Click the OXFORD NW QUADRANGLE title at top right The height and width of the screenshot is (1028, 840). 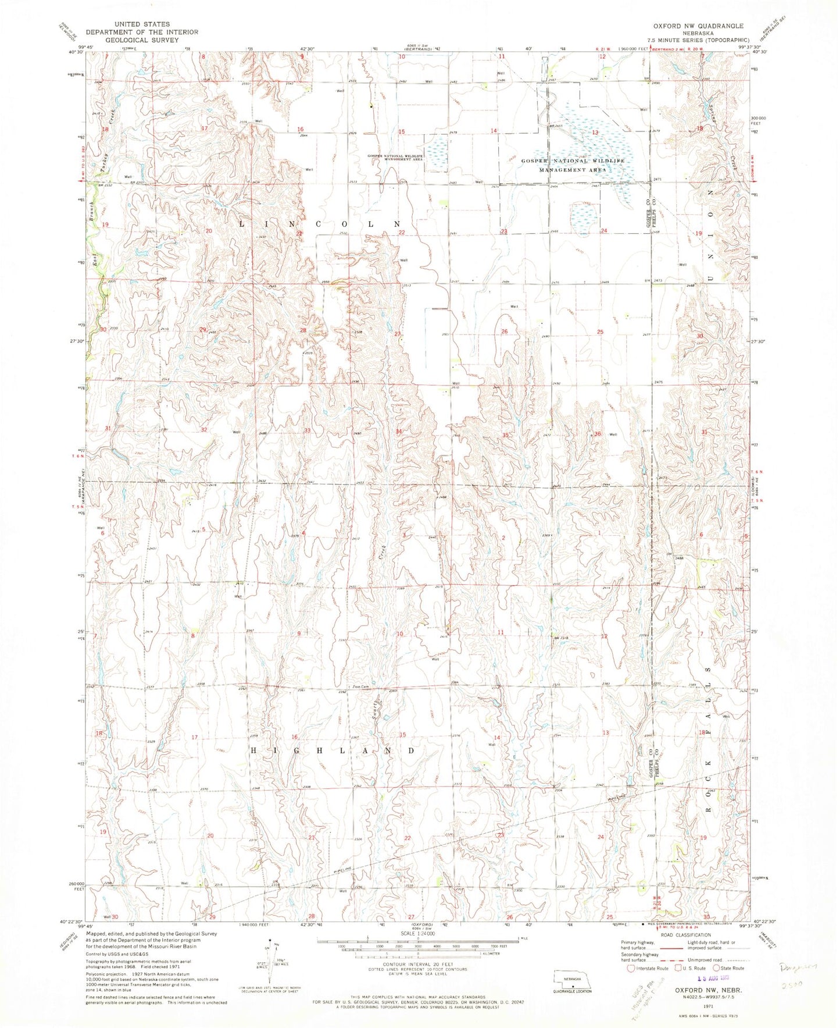[x=690, y=26]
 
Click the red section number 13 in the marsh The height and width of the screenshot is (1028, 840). [x=595, y=133]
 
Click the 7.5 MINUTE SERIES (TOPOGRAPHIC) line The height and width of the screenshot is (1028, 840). [x=690, y=41]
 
